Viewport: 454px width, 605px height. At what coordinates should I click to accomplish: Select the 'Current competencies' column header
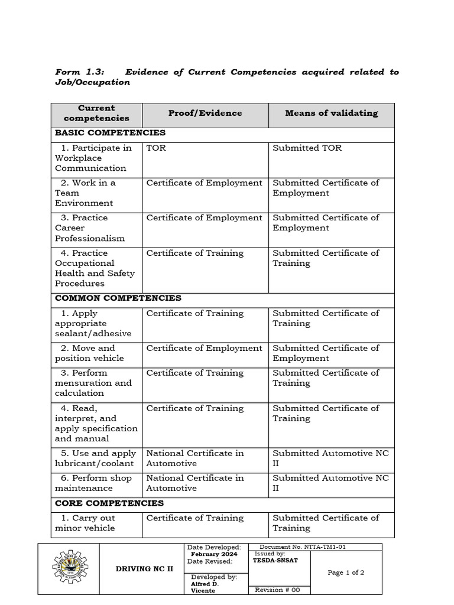pyautogui.click(x=96, y=113)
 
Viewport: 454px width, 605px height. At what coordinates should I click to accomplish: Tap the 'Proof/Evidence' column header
pyautogui.click(x=205, y=113)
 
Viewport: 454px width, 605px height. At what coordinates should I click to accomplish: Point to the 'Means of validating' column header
pyautogui.click(x=331, y=113)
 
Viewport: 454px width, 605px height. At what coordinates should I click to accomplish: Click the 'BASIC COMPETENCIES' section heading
pyautogui.click(x=110, y=133)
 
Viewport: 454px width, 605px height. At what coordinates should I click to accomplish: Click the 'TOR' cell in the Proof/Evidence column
pyautogui.click(x=156, y=148)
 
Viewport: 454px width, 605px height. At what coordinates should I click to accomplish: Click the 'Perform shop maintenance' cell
pyautogui.click(x=95, y=483)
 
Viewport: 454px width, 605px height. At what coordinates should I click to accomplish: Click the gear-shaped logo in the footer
pyautogui.click(x=69, y=568)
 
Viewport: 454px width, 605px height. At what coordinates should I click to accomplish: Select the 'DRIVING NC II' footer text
pyautogui.click(x=142, y=568)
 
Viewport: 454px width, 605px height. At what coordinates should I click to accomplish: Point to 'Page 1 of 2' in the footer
pyautogui.click(x=346, y=573)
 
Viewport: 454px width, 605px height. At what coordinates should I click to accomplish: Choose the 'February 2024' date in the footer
pyautogui.click(x=214, y=554)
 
